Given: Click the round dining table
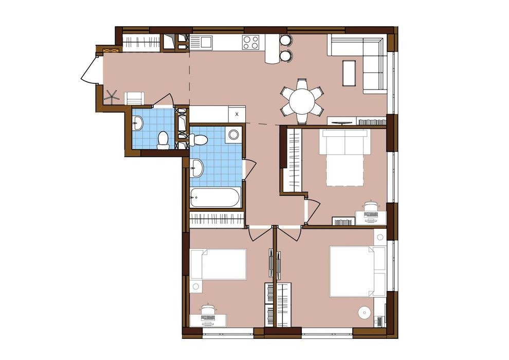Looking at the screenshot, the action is pos(302,101).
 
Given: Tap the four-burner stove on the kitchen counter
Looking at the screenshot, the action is pos(250,42).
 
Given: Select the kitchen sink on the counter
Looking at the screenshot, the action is pos(201,43).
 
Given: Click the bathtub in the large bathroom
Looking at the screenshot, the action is pos(215,197).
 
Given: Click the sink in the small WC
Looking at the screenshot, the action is pos(138,123).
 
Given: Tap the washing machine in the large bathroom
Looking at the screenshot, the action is pos(234,134).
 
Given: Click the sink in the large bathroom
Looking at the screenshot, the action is pos(197,168).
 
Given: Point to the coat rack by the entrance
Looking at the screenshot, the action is pos(112,96).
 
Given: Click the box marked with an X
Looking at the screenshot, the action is pos(237,114).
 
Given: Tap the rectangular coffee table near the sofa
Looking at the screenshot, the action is pos(349,73).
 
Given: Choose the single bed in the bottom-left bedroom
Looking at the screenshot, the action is pos(218,264).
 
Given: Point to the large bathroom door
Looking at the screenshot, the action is pos(249,169).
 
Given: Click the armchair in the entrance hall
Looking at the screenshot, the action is pos(135,98).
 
